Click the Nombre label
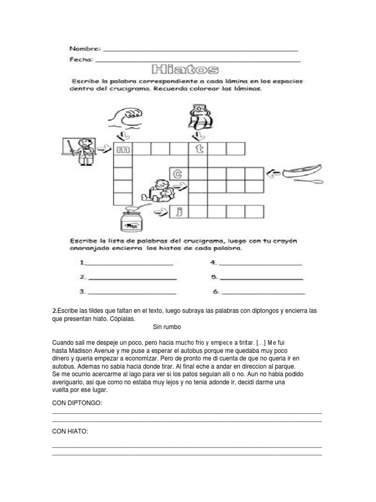point(85,49)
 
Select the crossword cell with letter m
point(122,149)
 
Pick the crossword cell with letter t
point(198,149)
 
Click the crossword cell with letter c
point(179,174)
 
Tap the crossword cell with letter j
point(179,212)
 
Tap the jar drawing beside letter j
point(133,219)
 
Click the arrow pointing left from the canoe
point(275,172)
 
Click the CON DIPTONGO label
point(77,402)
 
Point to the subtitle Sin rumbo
point(167,326)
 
